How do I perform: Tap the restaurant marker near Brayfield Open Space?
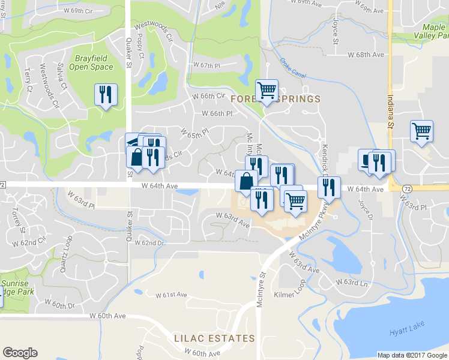[x=106, y=95]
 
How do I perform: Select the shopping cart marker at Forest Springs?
[x=267, y=91]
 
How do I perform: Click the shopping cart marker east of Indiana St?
[x=422, y=131]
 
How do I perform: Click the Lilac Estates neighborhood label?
[x=214, y=338]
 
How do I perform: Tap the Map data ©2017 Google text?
[x=412, y=355]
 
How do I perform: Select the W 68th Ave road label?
[x=366, y=55]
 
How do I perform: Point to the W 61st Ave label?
[x=172, y=295]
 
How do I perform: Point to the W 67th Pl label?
[x=207, y=65]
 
